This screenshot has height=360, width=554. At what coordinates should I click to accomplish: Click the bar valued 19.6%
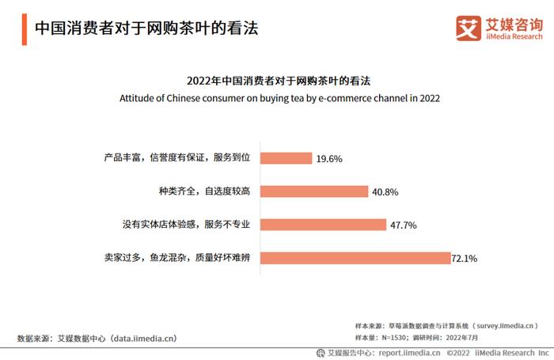[286, 158]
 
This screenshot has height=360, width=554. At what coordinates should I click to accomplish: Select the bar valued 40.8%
[314, 191]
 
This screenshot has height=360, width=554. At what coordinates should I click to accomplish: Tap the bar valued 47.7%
[323, 225]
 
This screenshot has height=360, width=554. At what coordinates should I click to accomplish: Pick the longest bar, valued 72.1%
[355, 258]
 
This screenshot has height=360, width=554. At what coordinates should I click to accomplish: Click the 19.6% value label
[329, 159]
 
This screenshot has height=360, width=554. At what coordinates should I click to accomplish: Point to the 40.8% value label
[385, 192]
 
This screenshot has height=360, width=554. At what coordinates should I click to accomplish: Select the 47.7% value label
[404, 225]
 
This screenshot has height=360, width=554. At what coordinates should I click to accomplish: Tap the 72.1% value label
[465, 259]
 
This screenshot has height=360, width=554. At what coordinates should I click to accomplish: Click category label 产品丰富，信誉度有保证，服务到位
[177, 158]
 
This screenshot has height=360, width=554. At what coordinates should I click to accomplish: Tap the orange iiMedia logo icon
[469, 28]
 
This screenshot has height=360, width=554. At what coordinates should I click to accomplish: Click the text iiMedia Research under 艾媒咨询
[514, 36]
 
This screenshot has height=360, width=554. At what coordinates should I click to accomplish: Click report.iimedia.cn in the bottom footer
[408, 353]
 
